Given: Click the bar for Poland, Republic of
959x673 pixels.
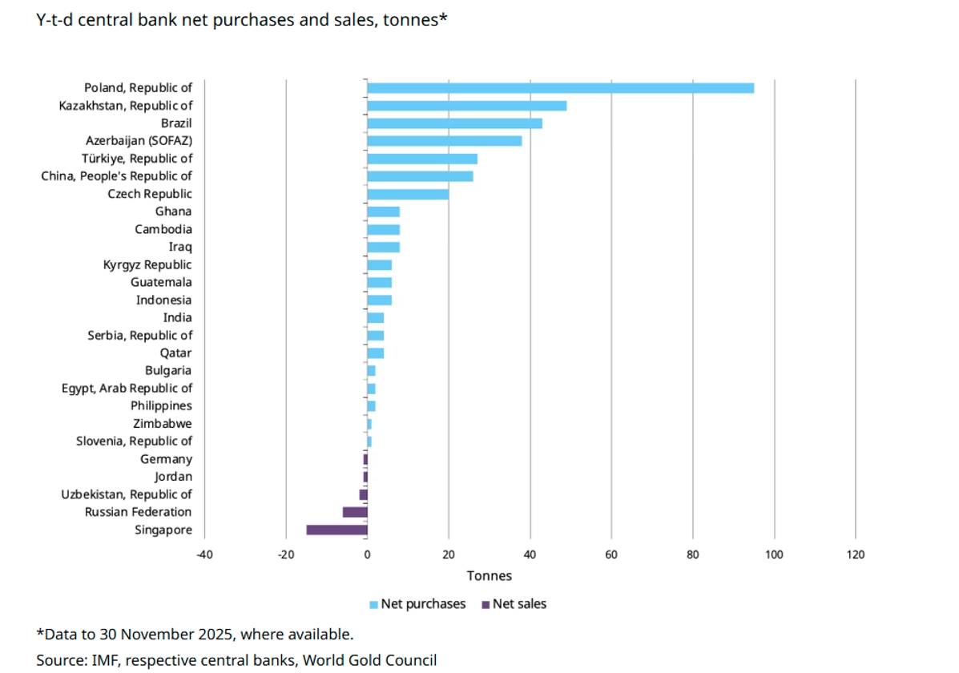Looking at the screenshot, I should click(560, 88).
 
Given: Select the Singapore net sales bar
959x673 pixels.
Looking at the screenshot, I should click(336, 530).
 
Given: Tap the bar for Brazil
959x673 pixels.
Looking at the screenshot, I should click(454, 123).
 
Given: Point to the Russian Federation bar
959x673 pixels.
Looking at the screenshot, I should click(355, 512).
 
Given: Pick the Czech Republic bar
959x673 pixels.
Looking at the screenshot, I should click(408, 194).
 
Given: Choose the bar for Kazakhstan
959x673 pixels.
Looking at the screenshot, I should click(466, 106).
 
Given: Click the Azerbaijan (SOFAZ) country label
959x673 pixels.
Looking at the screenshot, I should click(139, 141).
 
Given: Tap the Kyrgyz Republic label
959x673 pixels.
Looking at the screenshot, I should click(147, 265).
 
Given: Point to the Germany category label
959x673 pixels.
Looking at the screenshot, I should click(166, 459).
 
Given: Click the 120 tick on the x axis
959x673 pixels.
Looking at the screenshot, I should click(856, 554).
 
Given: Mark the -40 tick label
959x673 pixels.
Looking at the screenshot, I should click(204, 554).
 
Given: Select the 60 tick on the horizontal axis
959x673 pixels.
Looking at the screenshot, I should click(611, 554).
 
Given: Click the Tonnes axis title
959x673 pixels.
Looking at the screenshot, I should click(489, 575).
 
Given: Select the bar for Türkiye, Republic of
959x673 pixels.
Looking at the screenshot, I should click(422, 159).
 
